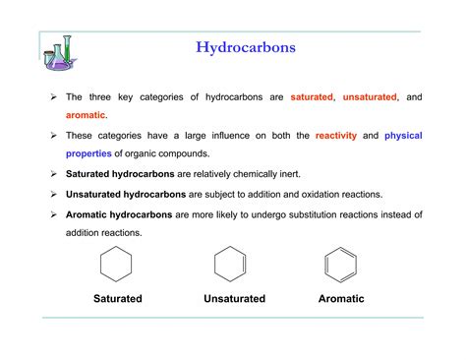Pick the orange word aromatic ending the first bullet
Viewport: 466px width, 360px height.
pyautogui.click(x=86, y=115)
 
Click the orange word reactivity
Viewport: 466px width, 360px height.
pyautogui.click(x=337, y=135)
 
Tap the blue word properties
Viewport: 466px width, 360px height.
pyautogui.click(x=89, y=153)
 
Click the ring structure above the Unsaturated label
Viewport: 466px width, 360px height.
pyautogui.click(x=231, y=266)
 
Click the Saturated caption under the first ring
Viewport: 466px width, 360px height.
pyautogui.click(x=118, y=298)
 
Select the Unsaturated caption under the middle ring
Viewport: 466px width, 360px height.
pyautogui.click(x=234, y=298)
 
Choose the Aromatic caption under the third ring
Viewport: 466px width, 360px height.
pyautogui.click(x=341, y=298)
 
